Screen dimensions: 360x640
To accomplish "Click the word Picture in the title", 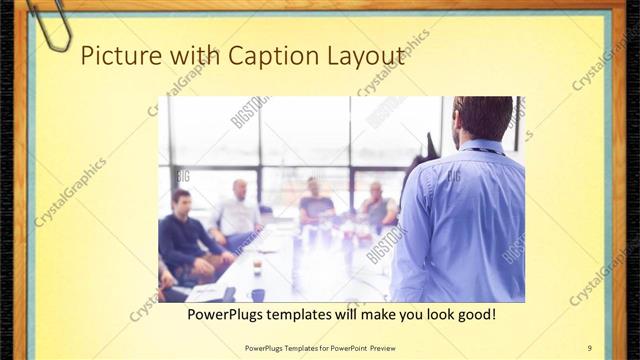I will click(x=113, y=56).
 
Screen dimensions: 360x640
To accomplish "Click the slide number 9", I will click(x=589, y=347).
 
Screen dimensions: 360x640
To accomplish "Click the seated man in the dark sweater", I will click(x=183, y=236).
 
